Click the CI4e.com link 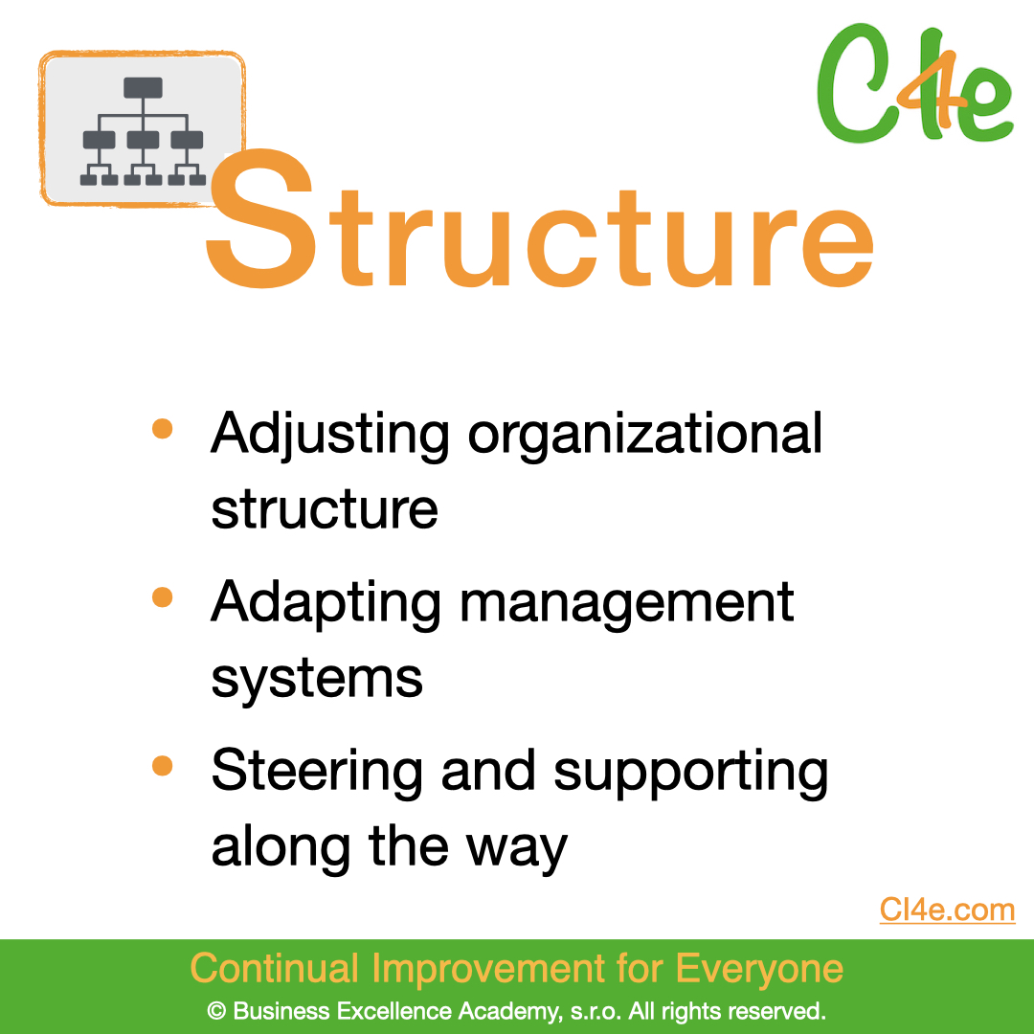[x=947, y=910]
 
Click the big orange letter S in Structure [x=261, y=218]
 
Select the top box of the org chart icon [x=143, y=88]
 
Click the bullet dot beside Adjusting [x=162, y=428]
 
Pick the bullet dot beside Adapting [x=162, y=596]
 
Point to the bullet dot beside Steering [x=162, y=766]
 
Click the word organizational [x=645, y=436]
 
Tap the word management [x=626, y=603]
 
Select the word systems [x=317, y=679]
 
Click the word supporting [x=690, y=773]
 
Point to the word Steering [x=317, y=772]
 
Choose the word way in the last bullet [x=516, y=849]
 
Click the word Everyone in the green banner [x=759, y=969]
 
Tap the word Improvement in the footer [x=488, y=968]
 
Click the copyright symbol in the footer [x=216, y=1011]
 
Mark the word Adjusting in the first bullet [x=330, y=436]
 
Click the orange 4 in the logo [x=937, y=89]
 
